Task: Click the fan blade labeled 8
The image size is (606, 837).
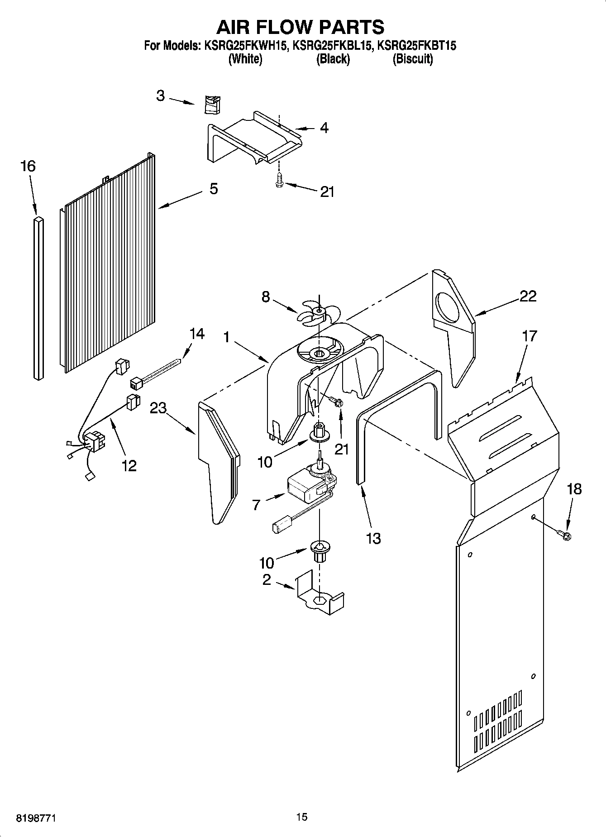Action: (317, 313)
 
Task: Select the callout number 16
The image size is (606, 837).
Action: (28, 166)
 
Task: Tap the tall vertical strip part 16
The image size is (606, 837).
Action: (39, 297)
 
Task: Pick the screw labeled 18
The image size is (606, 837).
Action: (565, 535)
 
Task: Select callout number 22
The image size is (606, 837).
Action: (528, 296)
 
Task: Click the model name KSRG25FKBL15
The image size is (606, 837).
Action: (333, 45)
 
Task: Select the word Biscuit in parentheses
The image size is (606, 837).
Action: (412, 59)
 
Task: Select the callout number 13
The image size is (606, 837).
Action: (373, 538)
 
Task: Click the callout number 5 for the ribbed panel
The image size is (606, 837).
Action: (214, 189)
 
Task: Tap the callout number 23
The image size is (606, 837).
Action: (158, 408)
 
